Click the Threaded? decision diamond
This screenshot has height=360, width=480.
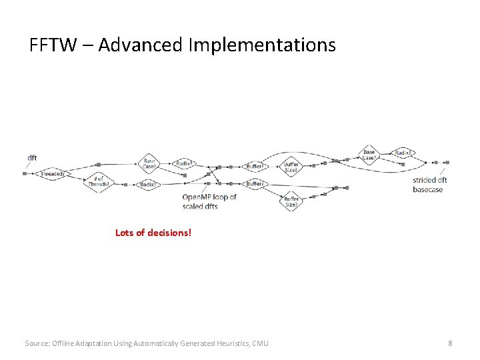click(x=52, y=174)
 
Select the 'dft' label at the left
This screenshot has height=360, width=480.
click(x=32, y=158)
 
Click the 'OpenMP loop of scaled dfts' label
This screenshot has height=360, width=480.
click(x=209, y=201)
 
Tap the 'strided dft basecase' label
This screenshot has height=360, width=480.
click(x=429, y=185)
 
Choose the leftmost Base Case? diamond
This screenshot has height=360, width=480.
click(x=150, y=163)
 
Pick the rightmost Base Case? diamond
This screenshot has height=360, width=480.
click(x=369, y=154)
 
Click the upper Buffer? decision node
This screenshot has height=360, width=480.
click(x=255, y=166)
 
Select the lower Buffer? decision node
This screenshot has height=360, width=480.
click(x=255, y=183)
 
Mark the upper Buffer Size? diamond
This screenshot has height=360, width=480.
click(x=291, y=167)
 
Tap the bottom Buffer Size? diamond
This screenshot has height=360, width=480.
click(x=291, y=202)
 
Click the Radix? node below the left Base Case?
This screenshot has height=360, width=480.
click(x=148, y=184)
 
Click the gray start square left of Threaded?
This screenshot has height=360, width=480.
click(x=25, y=173)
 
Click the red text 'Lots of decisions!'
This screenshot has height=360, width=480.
click(x=153, y=233)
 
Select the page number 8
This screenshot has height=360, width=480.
click(x=450, y=343)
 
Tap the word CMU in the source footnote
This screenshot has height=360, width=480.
click(x=261, y=343)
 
